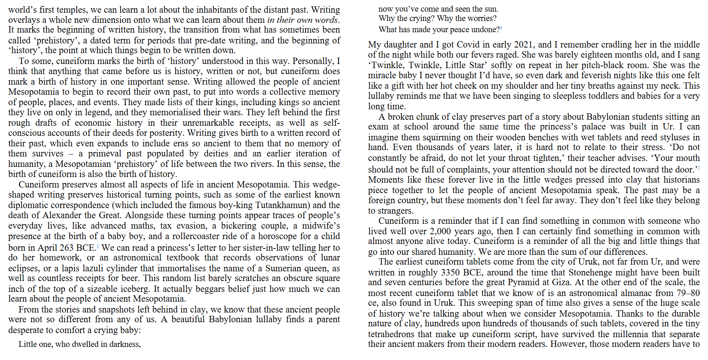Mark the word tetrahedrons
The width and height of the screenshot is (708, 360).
point(391,334)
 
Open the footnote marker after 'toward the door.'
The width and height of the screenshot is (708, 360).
point(698,168)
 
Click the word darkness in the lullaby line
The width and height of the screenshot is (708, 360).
point(124,344)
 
